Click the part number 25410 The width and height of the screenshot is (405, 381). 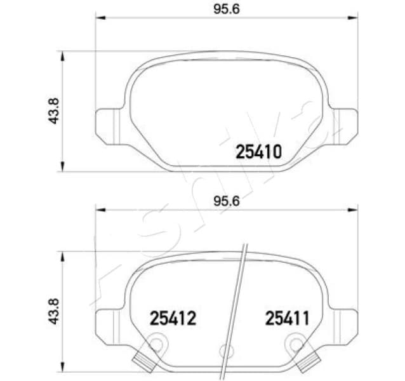pyautogui.click(x=258, y=152)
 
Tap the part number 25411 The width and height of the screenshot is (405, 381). pyautogui.click(x=288, y=318)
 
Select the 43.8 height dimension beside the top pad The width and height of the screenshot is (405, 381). pyautogui.click(x=53, y=111)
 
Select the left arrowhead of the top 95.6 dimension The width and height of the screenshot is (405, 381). pyautogui.click(x=100, y=18)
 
